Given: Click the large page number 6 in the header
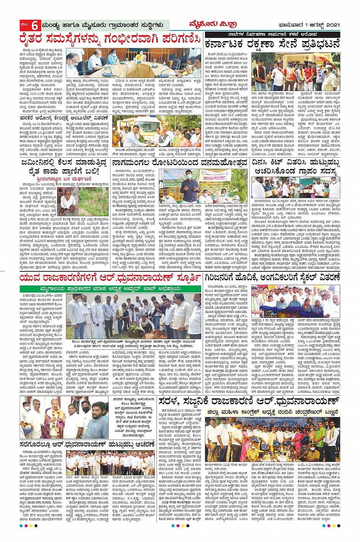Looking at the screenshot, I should pyautogui.click(x=34, y=26).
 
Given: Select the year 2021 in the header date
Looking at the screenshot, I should pyautogui.click(x=332, y=25).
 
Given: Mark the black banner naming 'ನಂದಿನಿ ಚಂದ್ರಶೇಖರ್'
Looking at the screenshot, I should pyautogui.click(x=272, y=411).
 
